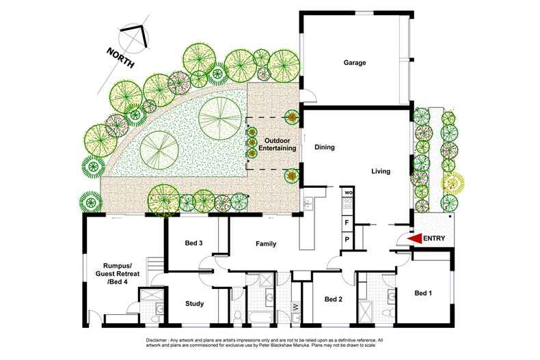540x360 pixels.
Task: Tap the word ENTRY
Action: pyautogui.click(x=435, y=238)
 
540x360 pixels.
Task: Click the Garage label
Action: pyautogui.click(x=355, y=63)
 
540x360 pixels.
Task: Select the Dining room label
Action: pyautogui.click(x=324, y=146)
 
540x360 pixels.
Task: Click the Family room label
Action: pyautogui.click(x=266, y=244)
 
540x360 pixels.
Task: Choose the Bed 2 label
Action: pyautogui.click(x=334, y=299)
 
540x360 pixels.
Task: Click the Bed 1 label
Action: pyautogui.click(x=424, y=293)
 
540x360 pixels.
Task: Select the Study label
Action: pyautogui.click(x=195, y=305)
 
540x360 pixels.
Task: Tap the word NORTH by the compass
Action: pyautogui.click(x=120, y=56)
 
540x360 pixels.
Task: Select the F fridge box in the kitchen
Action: pyautogui.click(x=347, y=223)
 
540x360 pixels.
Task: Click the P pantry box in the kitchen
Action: pyautogui.click(x=347, y=239)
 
